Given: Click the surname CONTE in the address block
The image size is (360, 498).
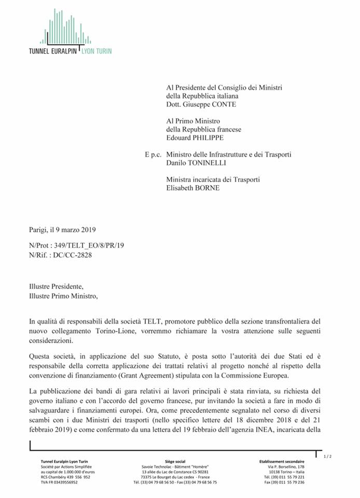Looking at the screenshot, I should click(x=221, y=104).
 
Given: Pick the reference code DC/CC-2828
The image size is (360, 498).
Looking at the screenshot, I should click(x=79, y=254).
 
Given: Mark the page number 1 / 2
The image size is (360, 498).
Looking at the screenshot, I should click(x=327, y=455).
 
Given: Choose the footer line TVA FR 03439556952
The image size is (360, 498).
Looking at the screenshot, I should click(x=59, y=482).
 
